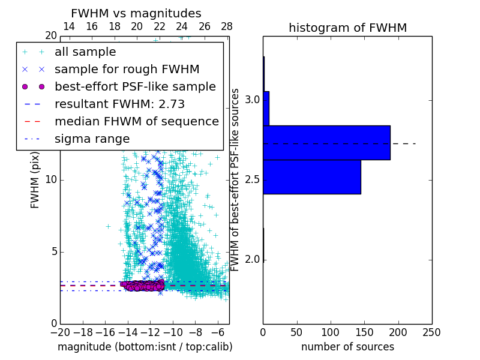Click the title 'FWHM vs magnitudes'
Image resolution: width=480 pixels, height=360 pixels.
136,14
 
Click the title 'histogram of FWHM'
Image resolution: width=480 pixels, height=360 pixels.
347,28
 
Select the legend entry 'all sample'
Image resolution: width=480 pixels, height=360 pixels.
85,52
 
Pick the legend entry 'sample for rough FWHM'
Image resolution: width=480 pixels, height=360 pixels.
127,70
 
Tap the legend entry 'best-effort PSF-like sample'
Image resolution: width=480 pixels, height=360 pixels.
135,87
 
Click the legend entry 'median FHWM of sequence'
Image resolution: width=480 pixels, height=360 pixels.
137,122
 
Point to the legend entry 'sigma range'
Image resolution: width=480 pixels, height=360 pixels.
92,139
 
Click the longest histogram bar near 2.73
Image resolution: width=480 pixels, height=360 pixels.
326,143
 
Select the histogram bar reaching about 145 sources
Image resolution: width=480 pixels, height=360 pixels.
312,177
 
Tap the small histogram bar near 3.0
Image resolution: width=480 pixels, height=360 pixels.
266,109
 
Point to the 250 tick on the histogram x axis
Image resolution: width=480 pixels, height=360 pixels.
431,332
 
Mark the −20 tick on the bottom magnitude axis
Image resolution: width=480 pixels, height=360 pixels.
60,332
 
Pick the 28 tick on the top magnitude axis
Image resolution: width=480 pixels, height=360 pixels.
227,27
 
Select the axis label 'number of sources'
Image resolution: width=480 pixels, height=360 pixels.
347,347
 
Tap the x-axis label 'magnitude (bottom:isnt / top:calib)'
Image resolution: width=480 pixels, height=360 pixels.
145,347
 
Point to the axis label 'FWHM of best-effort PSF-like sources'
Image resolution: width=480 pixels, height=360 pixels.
236,180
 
